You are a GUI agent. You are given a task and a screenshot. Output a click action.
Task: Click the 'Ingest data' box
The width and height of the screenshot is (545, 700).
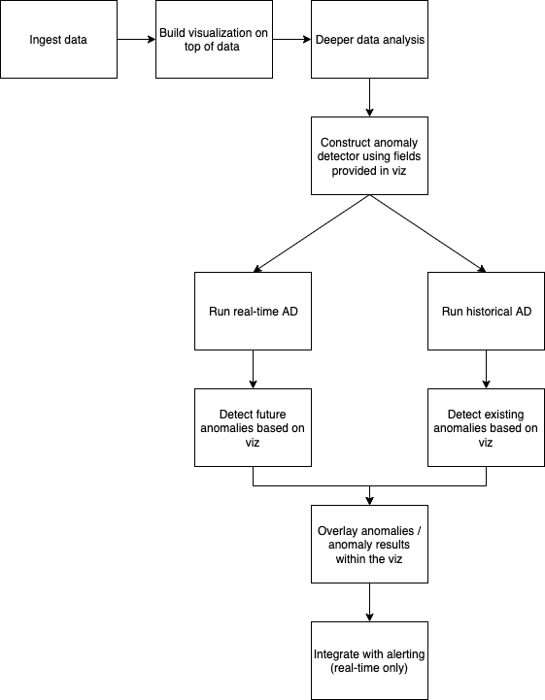point(58,39)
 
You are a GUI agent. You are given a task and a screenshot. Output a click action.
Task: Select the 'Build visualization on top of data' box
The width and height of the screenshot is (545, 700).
point(214,39)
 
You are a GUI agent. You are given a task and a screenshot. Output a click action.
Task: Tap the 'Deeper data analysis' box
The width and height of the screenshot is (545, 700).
point(369,39)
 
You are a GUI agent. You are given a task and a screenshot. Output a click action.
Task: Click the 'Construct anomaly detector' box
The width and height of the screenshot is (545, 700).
point(369,155)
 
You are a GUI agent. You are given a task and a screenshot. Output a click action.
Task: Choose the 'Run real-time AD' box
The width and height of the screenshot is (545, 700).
point(253,311)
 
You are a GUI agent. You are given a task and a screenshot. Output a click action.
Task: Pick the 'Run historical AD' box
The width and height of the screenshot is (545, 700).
point(486,311)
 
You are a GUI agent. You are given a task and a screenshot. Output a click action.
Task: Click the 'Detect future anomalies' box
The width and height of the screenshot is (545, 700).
point(253,428)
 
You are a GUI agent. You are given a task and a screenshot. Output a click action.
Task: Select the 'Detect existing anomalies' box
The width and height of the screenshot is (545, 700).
point(486,428)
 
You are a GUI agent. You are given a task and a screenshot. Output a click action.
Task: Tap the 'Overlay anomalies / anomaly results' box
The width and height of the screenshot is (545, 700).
point(369,545)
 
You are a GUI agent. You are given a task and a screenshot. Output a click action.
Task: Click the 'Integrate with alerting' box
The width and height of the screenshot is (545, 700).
point(369,661)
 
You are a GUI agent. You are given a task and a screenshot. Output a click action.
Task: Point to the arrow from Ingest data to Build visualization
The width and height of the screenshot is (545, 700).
point(136,39)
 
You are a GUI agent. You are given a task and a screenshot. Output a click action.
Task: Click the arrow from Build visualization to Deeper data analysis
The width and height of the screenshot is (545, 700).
point(291,39)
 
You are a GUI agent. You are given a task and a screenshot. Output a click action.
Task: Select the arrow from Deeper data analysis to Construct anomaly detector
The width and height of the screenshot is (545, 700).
point(369,97)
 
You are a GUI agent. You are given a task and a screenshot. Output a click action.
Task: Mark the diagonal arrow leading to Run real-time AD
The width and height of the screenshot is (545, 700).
point(312,233)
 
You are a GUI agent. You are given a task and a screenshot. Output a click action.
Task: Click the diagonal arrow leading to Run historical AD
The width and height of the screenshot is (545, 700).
point(428,233)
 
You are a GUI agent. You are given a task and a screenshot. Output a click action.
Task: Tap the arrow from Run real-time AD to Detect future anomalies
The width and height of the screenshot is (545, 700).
point(253,369)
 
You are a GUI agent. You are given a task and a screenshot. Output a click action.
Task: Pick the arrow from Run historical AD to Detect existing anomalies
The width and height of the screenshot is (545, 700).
point(486,369)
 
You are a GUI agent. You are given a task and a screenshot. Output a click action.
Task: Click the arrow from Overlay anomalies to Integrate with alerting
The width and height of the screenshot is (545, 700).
point(369,602)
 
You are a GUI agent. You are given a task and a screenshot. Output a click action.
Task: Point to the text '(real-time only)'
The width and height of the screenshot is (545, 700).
point(369,668)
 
